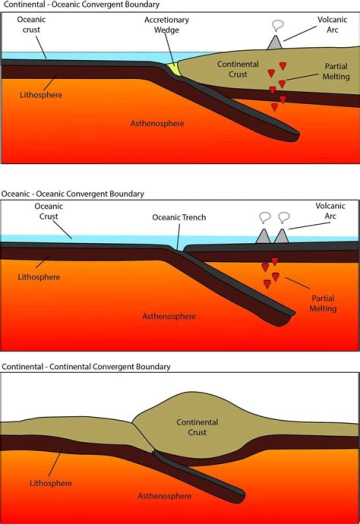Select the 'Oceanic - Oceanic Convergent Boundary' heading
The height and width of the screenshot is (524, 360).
pos(72,193)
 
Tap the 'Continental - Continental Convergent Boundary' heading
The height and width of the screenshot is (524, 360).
pos(86,366)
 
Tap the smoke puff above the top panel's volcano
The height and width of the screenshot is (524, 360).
pos(277,25)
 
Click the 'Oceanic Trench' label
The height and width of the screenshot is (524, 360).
pos(179,217)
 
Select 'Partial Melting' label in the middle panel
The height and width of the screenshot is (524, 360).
pos(322,303)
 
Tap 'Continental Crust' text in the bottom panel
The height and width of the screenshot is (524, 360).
pos(197,427)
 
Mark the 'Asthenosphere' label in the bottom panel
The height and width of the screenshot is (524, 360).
pos(164,495)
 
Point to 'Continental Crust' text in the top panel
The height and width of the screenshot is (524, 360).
pos(238,69)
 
